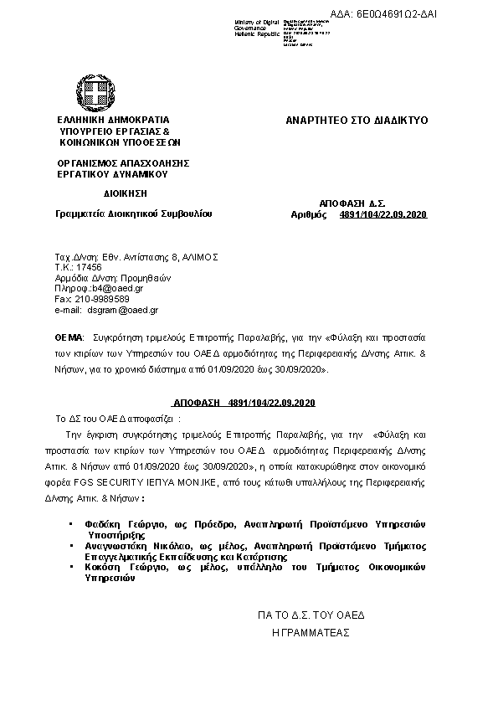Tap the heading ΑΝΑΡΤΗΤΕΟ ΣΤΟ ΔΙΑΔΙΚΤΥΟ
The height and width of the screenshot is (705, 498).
click(x=357, y=121)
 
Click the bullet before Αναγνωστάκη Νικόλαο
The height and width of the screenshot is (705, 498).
click(x=70, y=544)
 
